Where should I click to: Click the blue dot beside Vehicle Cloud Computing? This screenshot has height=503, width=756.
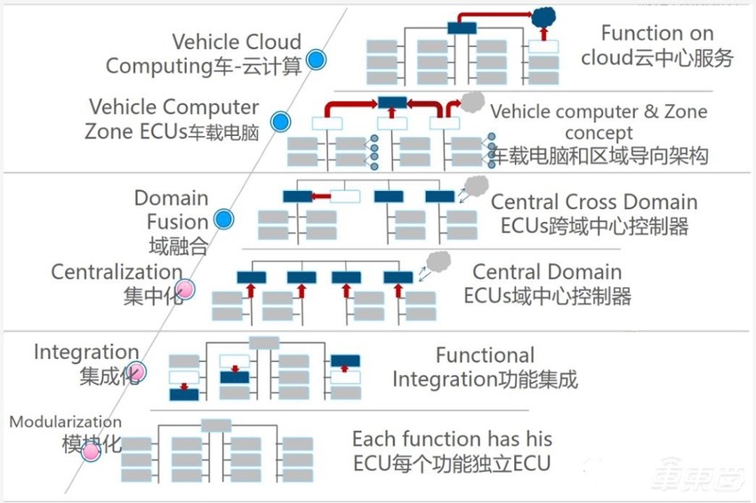pyautogui.click(x=316, y=60)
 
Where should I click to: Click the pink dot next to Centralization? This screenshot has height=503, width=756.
pyautogui.click(x=185, y=289)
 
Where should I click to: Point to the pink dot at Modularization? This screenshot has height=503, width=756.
pyautogui.click(x=91, y=451)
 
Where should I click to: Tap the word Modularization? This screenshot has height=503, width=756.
pyautogui.click(x=65, y=422)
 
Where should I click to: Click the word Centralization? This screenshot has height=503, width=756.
pyautogui.click(x=117, y=271)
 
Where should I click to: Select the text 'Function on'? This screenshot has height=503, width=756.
pyautogui.click(x=656, y=34)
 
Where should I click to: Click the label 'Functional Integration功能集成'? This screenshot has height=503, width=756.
pyautogui.click(x=485, y=367)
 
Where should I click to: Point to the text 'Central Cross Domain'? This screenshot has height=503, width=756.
pyautogui.click(x=594, y=203)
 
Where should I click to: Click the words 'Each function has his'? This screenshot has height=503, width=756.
pyautogui.click(x=452, y=439)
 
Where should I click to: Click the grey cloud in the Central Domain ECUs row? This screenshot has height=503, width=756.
pyautogui.click(x=438, y=260)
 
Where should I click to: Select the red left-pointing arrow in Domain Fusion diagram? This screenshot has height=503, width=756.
pyautogui.click(x=321, y=196)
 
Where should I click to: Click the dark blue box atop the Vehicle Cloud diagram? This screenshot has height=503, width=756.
pyautogui.click(x=462, y=28)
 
